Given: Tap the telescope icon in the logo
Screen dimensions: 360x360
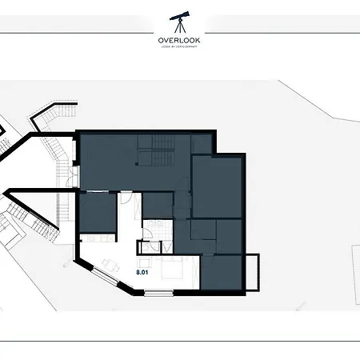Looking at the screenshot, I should [181, 22].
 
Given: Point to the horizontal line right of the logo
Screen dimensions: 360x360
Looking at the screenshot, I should [280, 34].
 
